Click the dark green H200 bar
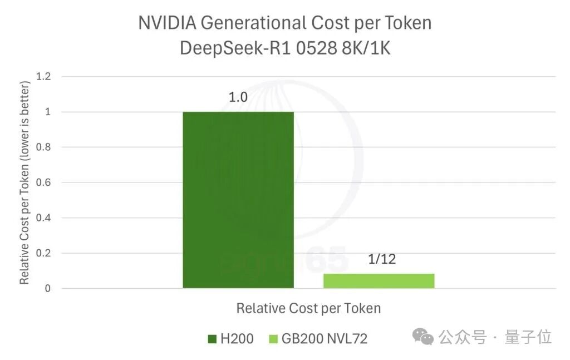(238, 200)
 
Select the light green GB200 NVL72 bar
(379, 281)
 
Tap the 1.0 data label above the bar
(238, 97)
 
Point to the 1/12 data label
(381, 259)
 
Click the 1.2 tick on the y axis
(43, 77)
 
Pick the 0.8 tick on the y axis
(43, 147)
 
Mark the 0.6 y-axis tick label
(43, 183)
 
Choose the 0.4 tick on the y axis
(43, 218)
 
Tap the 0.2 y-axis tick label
(43, 253)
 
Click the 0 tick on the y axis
(48, 288)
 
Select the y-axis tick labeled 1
(48, 112)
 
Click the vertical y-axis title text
(24, 183)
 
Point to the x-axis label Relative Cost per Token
(308, 308)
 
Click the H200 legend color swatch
(212, 339)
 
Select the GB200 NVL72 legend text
(325, 339)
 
